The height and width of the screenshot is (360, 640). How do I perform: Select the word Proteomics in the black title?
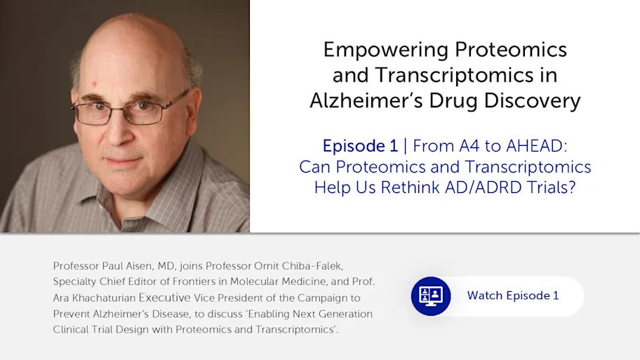[511, 50]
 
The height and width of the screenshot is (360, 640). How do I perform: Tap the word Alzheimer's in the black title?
[366, 100]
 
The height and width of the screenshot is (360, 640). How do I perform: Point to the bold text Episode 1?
[360, 146]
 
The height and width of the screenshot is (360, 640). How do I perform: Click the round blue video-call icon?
[431, 296]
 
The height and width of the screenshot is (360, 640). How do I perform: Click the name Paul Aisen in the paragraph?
[127, 266]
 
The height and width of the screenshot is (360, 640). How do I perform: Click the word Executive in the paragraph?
[164, 298]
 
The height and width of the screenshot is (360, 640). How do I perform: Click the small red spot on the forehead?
[95, 84]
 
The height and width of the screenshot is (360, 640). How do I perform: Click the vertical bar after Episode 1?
[405, 146]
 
